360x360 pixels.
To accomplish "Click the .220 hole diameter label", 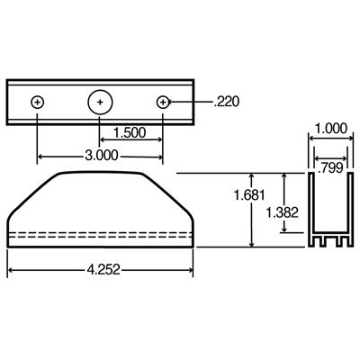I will (x=228, y=103).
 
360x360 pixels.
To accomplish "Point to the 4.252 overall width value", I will (x=99, y=267).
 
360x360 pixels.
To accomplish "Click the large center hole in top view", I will (x=100, y=103).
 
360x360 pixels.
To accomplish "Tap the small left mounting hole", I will (x=37, y=103).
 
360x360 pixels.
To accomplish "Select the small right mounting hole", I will (x=163, y=103).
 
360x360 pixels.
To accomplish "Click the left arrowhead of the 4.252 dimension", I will (x=12, y=268).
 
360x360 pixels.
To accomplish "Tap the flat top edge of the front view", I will (x=99, y=172).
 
